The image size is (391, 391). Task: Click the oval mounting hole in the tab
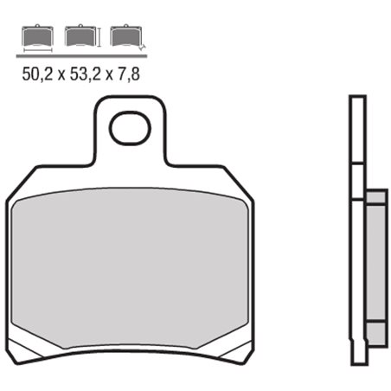[x=130, y=131]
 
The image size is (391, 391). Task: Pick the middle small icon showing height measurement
[x=80, y=36]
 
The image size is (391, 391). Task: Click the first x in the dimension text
[x=61, y=74]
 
